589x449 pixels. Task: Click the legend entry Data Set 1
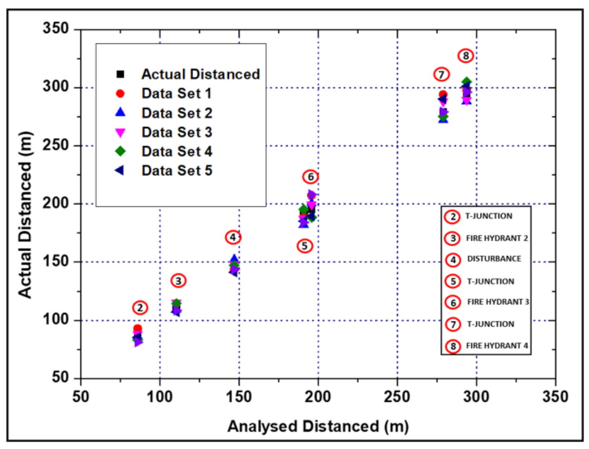pyautogui.click(x=176, y=93)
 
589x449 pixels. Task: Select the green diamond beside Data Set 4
pyautogui.click(x=120, y=151)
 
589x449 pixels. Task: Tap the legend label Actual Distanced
pyautogui.click(x=200, y=74)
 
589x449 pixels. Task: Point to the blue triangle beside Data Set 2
pyautogui.click(x=120, y=113)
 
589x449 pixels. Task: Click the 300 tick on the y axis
pyautogui.click(x=55, y=86)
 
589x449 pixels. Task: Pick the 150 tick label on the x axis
pyautogui.click(x=239, y=396)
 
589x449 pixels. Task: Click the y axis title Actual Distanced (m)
pyautogui.click(x=25, y=215)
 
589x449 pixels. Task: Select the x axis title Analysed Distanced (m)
pyautogui.click(x=318, y=426)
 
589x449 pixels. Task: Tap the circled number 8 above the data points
pyautogui.click(x=465, y=56)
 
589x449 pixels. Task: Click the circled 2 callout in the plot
pyautogui.click(x=140, y=308)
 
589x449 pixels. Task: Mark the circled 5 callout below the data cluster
pyautogui.click(x=305, y=246)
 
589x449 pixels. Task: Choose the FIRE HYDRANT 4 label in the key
pyautogui.click(x=497, y=346)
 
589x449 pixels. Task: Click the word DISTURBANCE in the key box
pyautogui.click(x=494, y=259)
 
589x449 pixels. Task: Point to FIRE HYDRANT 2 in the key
pyautogui.click(x=497, y=238)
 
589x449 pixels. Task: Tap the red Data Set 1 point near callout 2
pyautogui.click(x=137, y=329)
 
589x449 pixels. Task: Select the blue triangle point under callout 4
pyautogui.click(x=234, y=259)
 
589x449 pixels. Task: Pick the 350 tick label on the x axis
pyautogui.click(x=555, y=396)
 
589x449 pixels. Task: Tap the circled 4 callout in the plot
pyautogui.click(x=233, y=237)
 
